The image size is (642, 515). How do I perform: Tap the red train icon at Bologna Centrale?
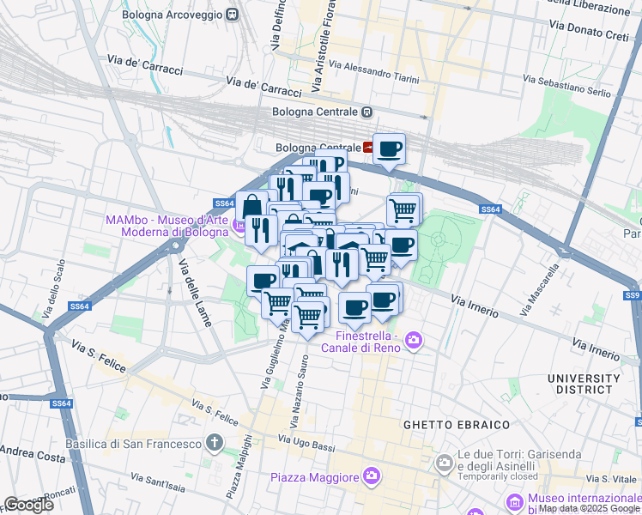click(x=369, y=147)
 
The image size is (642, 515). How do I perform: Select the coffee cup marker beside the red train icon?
click(x=389, y=148)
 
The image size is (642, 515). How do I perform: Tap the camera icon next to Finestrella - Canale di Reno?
click(x=414, y=341)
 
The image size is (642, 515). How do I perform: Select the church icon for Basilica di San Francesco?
click(x=215, y=444)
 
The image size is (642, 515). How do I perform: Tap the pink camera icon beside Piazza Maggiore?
click(x=371, y=475)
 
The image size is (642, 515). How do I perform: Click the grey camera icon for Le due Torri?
click(x=444, y=463)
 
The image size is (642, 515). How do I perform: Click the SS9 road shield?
click(x=633, y=295)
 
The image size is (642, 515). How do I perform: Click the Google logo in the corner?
click(x=28, y=505)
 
